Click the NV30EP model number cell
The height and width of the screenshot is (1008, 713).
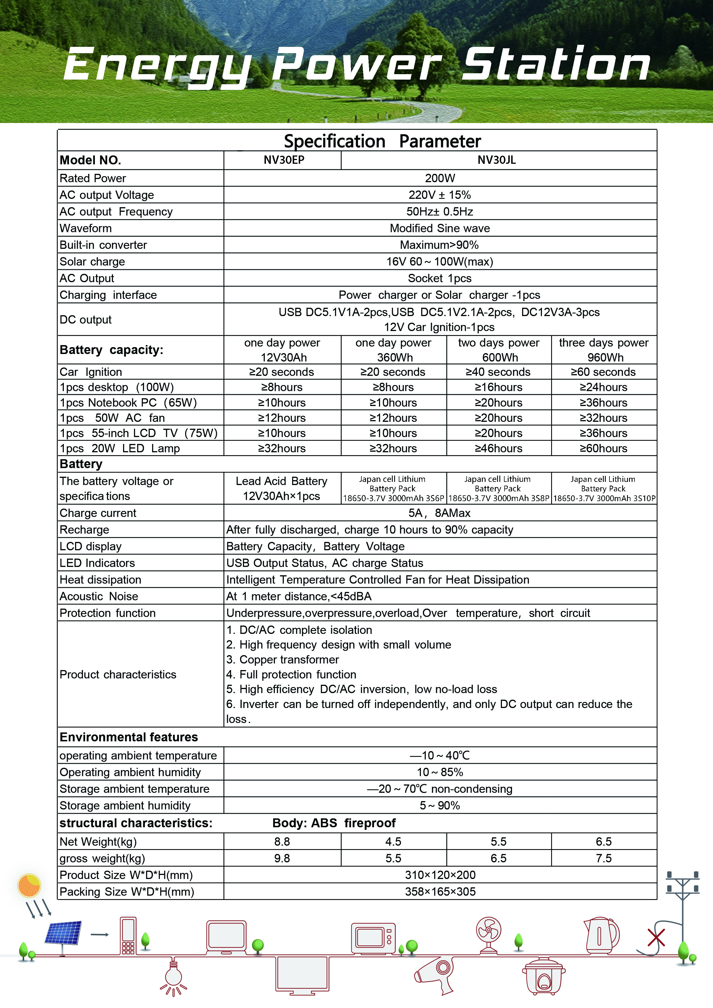284,160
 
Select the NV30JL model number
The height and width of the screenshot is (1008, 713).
497,160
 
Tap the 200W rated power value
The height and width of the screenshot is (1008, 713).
440,178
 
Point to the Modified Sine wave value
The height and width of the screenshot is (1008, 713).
440,228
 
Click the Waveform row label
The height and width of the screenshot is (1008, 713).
86,228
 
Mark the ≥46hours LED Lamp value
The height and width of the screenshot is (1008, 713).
498,449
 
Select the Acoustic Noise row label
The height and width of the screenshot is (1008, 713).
99,596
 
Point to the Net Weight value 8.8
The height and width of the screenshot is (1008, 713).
282,842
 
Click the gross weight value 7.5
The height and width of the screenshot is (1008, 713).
604,858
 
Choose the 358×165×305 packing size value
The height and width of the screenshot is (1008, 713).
440,892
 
